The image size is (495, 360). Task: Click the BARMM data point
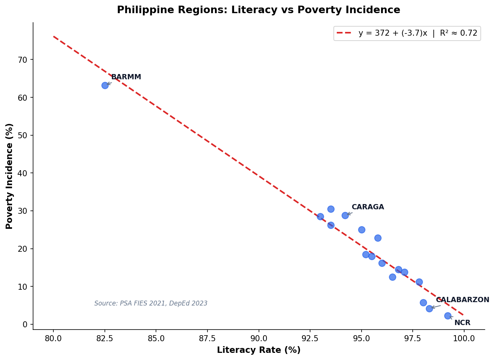pos(105,85)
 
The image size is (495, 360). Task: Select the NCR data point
pos(448,316)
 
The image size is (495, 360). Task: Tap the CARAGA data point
pos(345,215)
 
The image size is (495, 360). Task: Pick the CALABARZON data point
pos(429,309)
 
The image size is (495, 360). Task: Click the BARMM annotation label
pos(126,77)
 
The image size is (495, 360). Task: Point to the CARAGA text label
pos(368,207)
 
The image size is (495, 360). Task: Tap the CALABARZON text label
pos(462,300)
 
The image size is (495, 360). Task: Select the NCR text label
pos(462,323)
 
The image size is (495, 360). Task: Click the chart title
pos(258,10)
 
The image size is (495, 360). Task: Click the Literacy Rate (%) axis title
pos(258,350)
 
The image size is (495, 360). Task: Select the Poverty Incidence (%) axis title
pos(10,176)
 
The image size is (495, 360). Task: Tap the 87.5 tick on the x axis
pos(207,338)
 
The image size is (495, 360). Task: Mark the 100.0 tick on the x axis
pos(464,338)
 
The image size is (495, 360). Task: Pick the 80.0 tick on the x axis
pos(53,338)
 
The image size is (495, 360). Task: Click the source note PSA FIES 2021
pos(151,304)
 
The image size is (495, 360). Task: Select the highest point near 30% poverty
pos(331,209)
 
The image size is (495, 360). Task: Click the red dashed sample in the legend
pos(344,33)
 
